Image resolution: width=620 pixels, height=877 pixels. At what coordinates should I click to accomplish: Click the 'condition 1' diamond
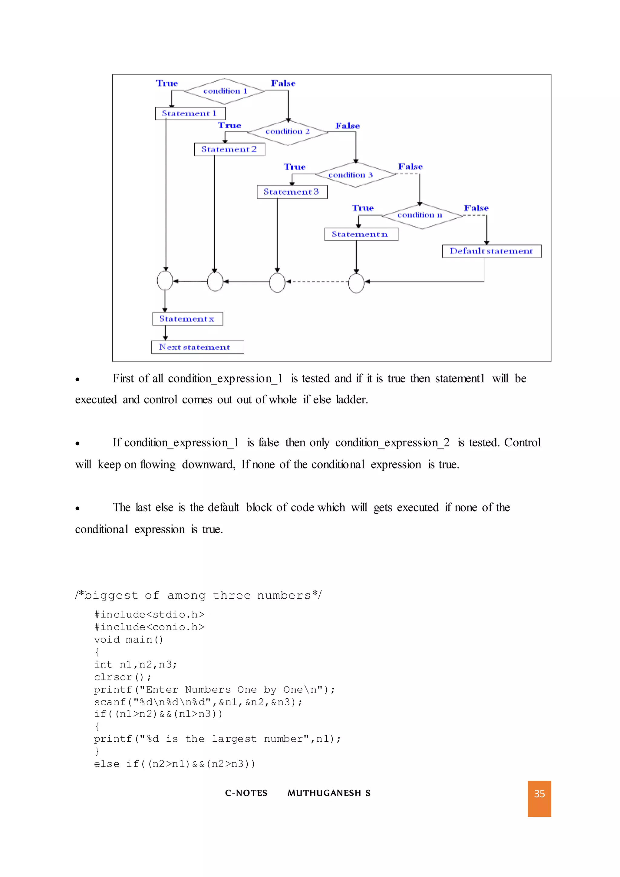(x=225, y=91)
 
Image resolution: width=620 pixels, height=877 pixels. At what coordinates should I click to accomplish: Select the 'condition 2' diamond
(x=288, y=132)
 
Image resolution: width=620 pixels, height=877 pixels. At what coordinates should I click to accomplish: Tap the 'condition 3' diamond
(x=355, y=175)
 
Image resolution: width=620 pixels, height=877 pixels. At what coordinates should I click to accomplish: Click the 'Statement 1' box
(x=190, y=114)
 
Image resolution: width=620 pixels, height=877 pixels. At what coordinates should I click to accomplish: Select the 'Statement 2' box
(x=229, y=149)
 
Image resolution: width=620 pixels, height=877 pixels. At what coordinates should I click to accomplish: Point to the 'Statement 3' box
(x=292, y=192)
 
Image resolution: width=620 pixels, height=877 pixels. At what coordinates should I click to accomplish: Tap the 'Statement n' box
(x=361, y=234)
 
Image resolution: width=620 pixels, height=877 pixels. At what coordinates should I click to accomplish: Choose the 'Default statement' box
(x=491, y=251)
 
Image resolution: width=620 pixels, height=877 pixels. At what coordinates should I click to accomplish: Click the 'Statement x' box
(x=187, y=319)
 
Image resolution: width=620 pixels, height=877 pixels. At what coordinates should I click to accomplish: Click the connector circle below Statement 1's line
(x=165, y=281)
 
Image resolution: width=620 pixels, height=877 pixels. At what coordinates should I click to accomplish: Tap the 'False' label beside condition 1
(x=283, y=83)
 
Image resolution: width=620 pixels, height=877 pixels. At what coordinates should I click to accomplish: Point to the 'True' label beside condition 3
(x=294, y=167)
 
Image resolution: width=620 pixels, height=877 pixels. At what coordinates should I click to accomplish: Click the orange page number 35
(x=539, y=794)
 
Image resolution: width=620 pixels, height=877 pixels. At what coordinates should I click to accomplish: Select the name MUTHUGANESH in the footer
(x=324, y=793)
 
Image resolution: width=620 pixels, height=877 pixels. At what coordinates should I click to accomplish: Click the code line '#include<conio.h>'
(x=149, y=627)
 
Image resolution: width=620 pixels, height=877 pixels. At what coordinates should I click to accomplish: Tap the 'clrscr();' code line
(x=123, y=677)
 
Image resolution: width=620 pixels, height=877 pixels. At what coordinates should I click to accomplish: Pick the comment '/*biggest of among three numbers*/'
(x=199, y=595)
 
